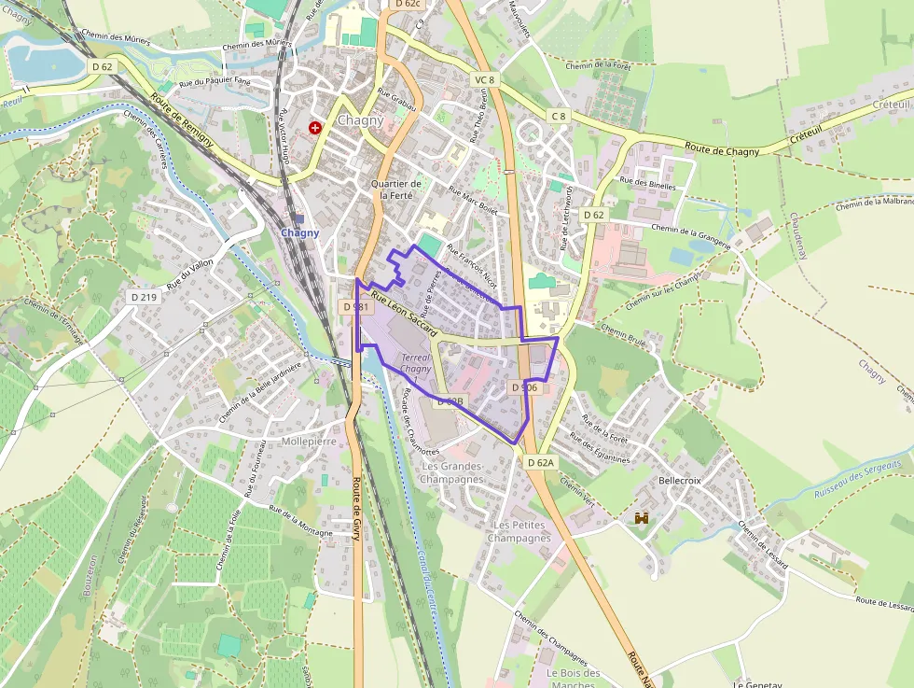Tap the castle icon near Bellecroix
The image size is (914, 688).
pos(642,517)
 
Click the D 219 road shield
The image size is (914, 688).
pos(145,297)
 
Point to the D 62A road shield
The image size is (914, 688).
pos(540,462)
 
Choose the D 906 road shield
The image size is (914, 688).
pos(524,386)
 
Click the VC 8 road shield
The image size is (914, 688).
pos(484,80)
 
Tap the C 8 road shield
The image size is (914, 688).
pos(558,116)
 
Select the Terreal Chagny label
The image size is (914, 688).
pos(416,363)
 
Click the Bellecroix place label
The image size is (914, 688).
pos(679,480)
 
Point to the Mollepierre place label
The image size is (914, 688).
pos(309,441)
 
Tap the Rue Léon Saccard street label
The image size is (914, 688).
pos(404,313)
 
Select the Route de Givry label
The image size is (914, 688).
pos(356,509)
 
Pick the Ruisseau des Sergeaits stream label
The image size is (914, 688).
pos(857,479)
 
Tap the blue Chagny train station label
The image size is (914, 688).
pos(300,233)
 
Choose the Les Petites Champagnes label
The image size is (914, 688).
pos(519,532)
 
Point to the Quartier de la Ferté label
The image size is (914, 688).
pos(396,190)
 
